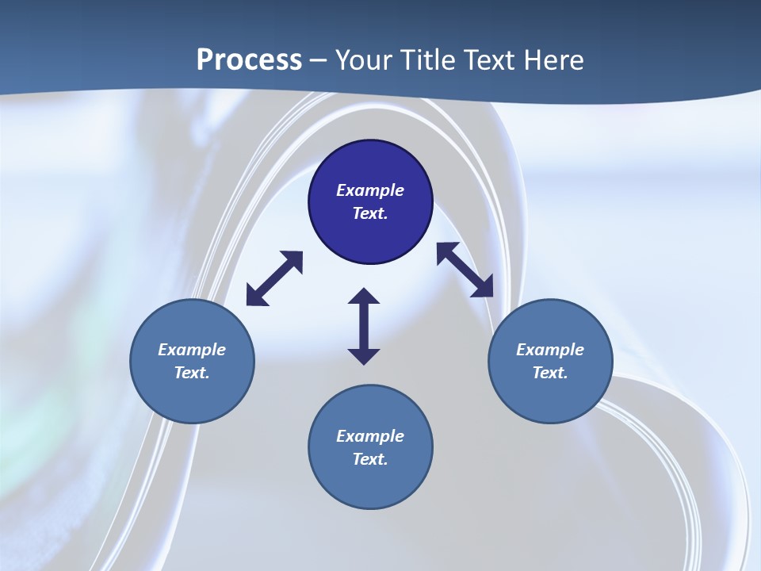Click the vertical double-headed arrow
364,326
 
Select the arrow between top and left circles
274,278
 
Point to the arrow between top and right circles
465,270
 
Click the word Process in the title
249,59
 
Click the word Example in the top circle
370,190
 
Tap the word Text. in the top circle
370,213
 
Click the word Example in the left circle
192,350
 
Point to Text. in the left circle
192,373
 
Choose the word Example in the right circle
550,350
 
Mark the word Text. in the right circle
550,373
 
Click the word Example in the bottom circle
370,436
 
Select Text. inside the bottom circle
370,459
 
